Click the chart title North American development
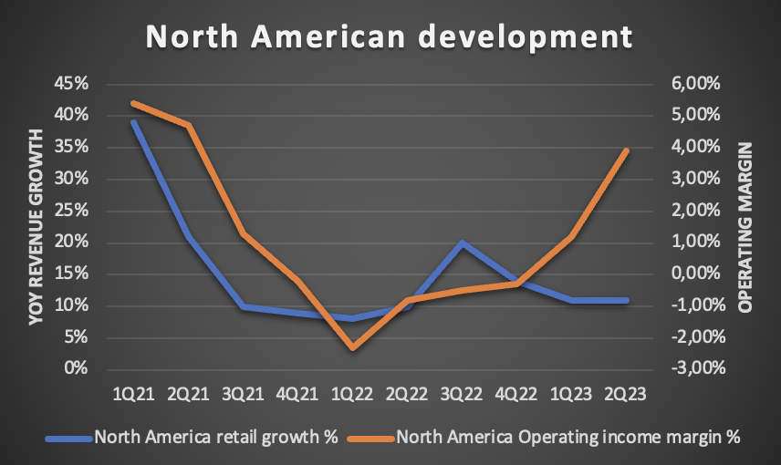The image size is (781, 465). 390,37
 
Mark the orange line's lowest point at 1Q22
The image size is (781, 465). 352,348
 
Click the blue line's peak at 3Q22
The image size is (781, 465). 463,243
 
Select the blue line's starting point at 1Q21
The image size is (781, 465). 132,122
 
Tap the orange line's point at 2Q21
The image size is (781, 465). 188,125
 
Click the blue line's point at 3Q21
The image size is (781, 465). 243,307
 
